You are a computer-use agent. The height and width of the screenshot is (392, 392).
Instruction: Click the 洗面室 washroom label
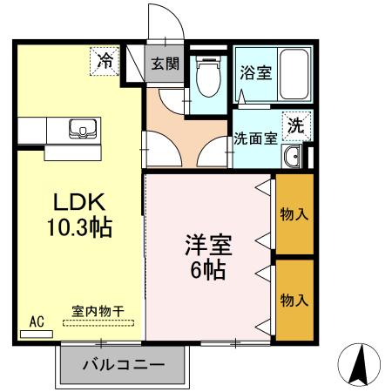click(x=255, y=138)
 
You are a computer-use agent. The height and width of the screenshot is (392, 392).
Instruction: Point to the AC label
click(x=37, y=321)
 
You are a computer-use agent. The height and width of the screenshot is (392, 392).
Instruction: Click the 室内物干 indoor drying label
click(x=97, y=311)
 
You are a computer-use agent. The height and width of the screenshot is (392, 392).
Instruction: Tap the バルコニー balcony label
click(x=123, y=363)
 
